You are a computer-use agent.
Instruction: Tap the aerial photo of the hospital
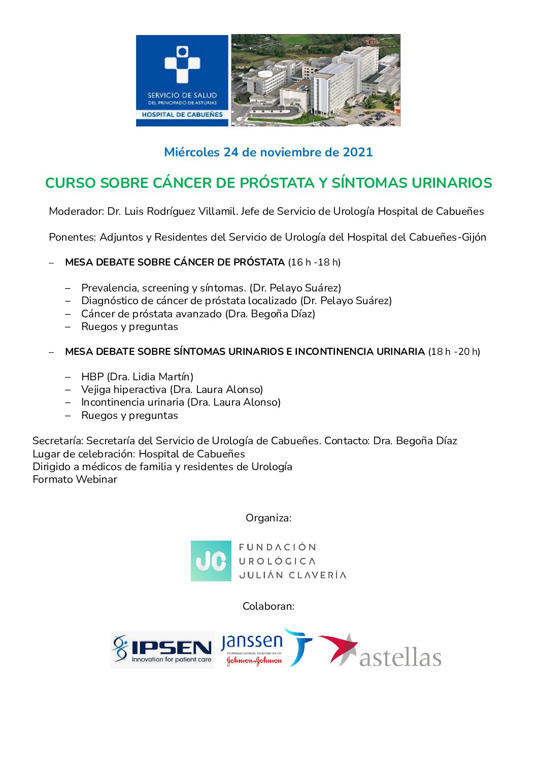315,80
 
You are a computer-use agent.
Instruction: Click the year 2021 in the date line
358,152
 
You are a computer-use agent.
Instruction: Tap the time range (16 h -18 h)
314,262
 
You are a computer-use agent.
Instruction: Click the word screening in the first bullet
165,288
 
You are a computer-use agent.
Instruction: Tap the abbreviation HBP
92,377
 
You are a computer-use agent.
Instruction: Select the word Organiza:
268,518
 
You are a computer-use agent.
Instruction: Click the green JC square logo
211,561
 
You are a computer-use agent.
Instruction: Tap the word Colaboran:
268,606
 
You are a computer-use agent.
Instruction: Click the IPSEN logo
163,649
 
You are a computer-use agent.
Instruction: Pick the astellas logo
381,650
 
